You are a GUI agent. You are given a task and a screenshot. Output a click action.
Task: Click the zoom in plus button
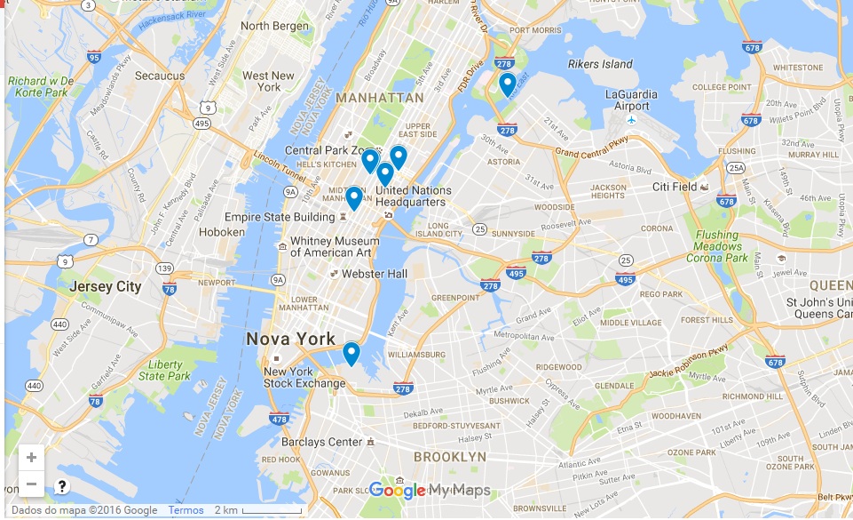click(31, 458)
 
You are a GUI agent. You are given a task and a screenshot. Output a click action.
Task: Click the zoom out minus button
click(31, 484)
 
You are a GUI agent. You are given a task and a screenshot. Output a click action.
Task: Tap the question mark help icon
click(62, 486)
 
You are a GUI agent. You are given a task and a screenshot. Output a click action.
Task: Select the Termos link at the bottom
click(186, 510)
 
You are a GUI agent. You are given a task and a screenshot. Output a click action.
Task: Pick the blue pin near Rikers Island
click(507, 84)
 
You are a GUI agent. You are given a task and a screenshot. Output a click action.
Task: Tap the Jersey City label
click(106, 286)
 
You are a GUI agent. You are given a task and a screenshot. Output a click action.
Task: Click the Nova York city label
click(291, 339)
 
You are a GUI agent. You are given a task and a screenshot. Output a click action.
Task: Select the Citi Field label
click(675, 187)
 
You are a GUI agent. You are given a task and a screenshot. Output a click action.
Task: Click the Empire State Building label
click(279, 217)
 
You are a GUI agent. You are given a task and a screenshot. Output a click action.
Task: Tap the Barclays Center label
click(321, 442)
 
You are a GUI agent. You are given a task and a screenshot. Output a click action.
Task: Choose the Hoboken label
click(222, 232)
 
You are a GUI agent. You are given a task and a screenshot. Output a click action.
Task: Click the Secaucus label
click(159, 76)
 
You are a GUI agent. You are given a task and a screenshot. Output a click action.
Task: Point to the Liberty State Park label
click(166, 371)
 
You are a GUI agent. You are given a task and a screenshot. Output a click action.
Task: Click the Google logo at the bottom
click(397, 490)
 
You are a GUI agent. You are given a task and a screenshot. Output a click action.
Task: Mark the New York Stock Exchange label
click(304, 378)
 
